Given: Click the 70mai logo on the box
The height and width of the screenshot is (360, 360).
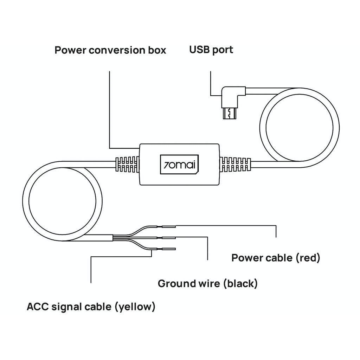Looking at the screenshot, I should pos(179,164).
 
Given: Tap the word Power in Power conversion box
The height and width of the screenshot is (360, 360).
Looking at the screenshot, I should pos(70,50).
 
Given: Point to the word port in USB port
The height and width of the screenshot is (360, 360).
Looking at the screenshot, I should pos(223,50).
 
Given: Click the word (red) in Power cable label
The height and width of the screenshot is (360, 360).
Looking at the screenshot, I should pos(308,258).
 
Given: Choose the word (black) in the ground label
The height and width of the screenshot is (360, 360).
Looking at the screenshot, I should pos(240,283).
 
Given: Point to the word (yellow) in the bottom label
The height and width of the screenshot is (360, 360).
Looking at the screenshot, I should pos(135,307).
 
